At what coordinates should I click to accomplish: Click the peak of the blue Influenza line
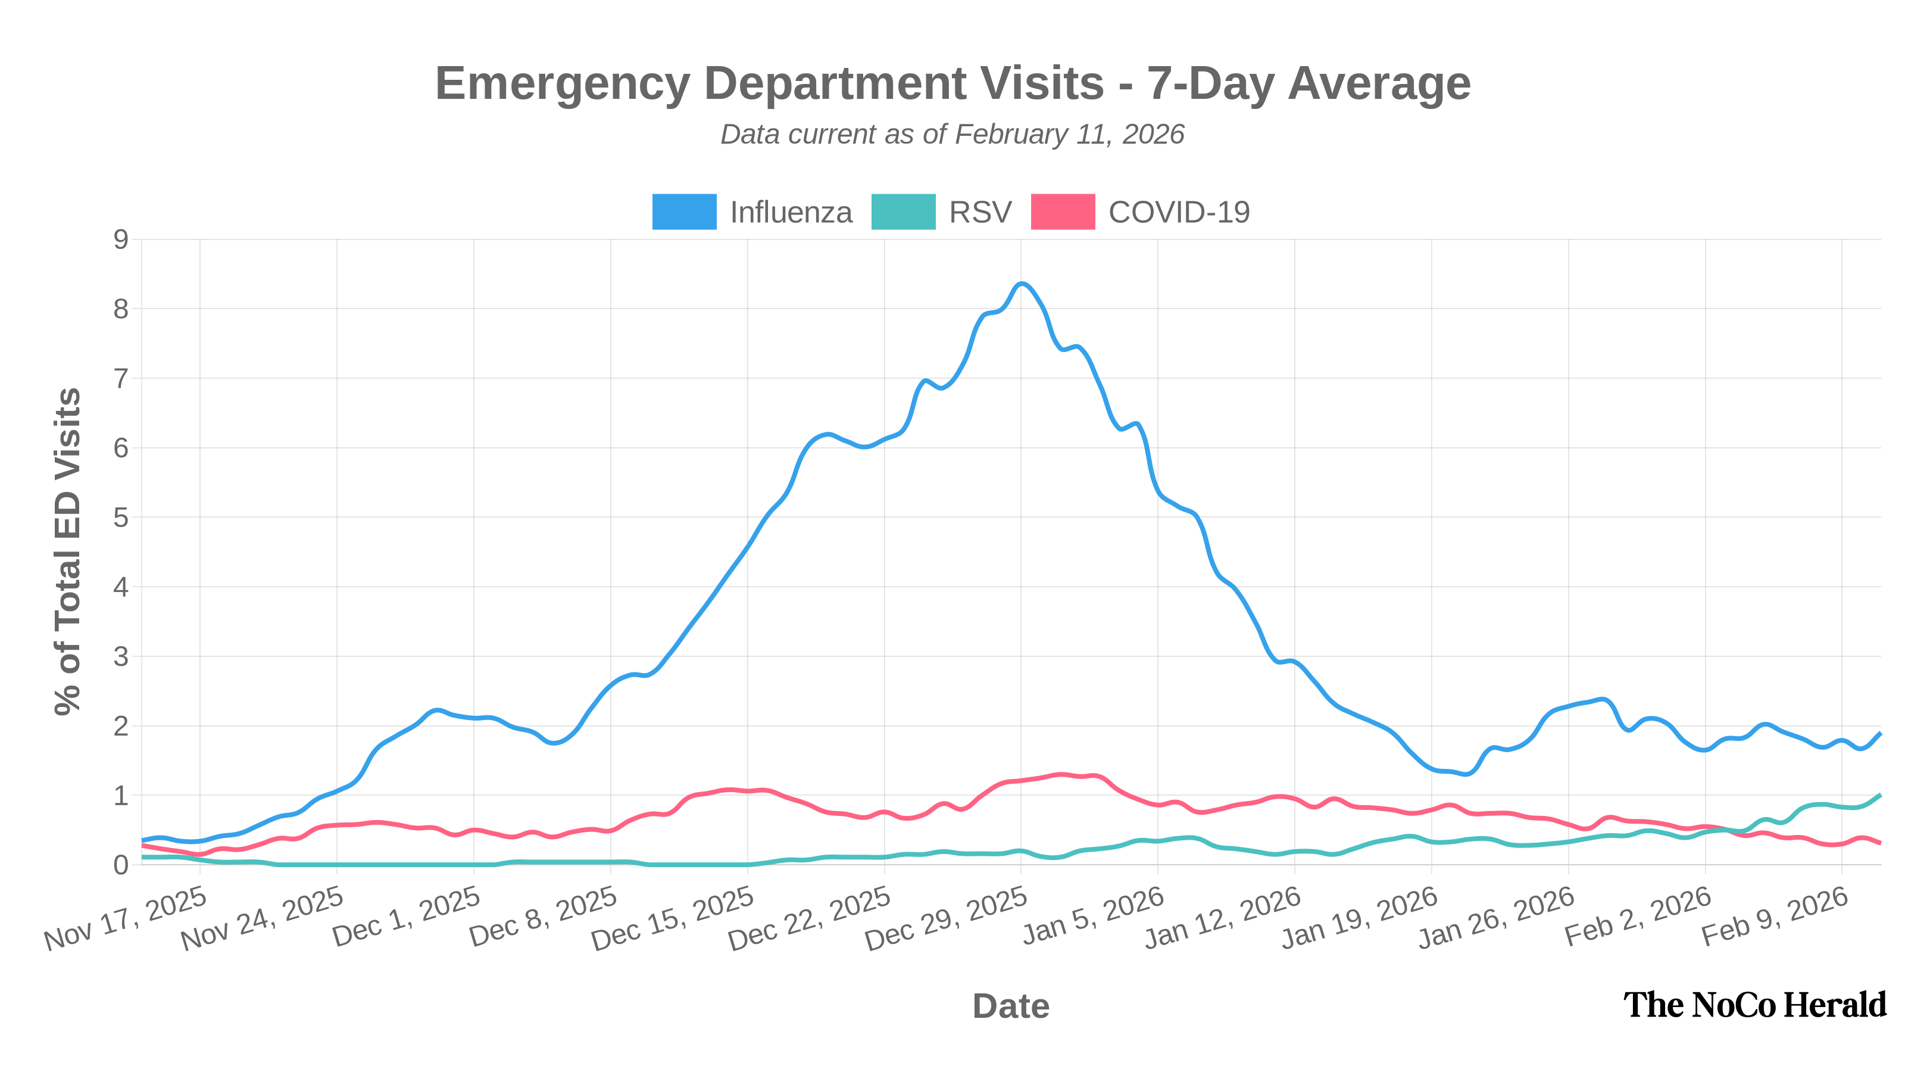pos(1022,283)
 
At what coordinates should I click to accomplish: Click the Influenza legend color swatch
pos(684,211)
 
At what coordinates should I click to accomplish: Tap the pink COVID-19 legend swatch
pos(1063,211)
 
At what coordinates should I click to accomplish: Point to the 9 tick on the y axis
pos(120,239)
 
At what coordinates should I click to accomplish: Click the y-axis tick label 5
pos(120,517)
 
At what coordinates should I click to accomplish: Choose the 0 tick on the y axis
pos(120,865)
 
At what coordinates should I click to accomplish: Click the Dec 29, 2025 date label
pos(947,918)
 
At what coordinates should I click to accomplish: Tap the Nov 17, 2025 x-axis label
pos(126,918)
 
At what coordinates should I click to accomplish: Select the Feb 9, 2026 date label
pos(1775,917)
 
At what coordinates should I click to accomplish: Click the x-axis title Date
pos(1011,1006)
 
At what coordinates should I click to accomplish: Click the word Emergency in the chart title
pos(562,83)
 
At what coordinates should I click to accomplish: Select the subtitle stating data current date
pos(952,135)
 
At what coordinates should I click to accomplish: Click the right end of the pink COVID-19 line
pos(1880,843)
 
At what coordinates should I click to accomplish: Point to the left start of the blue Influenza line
pos(143,840)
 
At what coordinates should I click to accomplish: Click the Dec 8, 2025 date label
pos(544,918)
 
